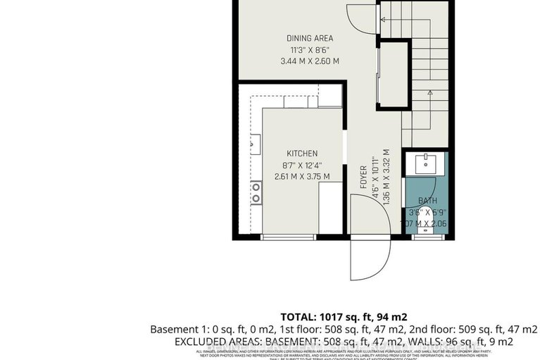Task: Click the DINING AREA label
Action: point(309,38)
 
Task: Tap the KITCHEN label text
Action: point(301,153)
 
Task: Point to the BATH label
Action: point(427,201)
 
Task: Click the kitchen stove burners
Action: point(256,192)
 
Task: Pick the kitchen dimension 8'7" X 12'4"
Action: point(301,165)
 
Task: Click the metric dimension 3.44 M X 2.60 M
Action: point(309,61)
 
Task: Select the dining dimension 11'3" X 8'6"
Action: point(309,49)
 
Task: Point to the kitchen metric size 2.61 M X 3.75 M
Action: point(301,176)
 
